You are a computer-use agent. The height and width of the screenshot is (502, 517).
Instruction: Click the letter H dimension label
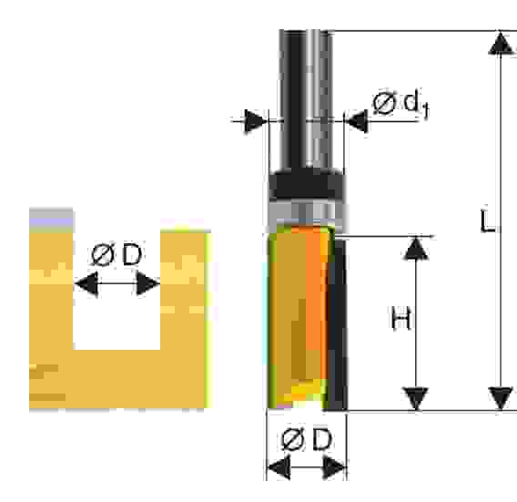[x=400, y=318]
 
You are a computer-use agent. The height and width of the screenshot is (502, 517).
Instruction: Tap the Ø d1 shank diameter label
[x=400, y=104]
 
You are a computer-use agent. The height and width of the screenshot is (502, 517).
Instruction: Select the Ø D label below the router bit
[x=307, y=439]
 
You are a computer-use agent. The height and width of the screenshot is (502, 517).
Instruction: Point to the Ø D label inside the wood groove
[x=117, y=254]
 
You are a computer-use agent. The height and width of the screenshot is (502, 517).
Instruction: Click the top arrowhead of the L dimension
[x=501, y=43]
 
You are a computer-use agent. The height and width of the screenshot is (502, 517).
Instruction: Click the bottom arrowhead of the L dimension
[x=501, y=399]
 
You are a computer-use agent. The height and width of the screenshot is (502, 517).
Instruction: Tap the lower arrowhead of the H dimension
[x=416, y=399]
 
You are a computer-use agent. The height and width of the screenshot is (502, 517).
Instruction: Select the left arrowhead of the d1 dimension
[x=256, y=121]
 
